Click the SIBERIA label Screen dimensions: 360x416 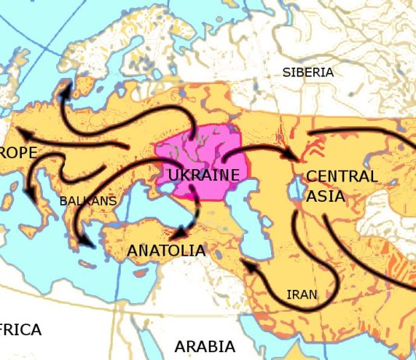308,72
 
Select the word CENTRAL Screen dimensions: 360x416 341,176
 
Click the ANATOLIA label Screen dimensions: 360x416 166,251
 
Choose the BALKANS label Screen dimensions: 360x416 88,201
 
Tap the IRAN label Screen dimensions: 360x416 301,295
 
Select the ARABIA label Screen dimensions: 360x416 205,345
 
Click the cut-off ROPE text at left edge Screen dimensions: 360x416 19,153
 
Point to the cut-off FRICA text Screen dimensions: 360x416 20,330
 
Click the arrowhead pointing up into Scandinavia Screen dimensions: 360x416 61,89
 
